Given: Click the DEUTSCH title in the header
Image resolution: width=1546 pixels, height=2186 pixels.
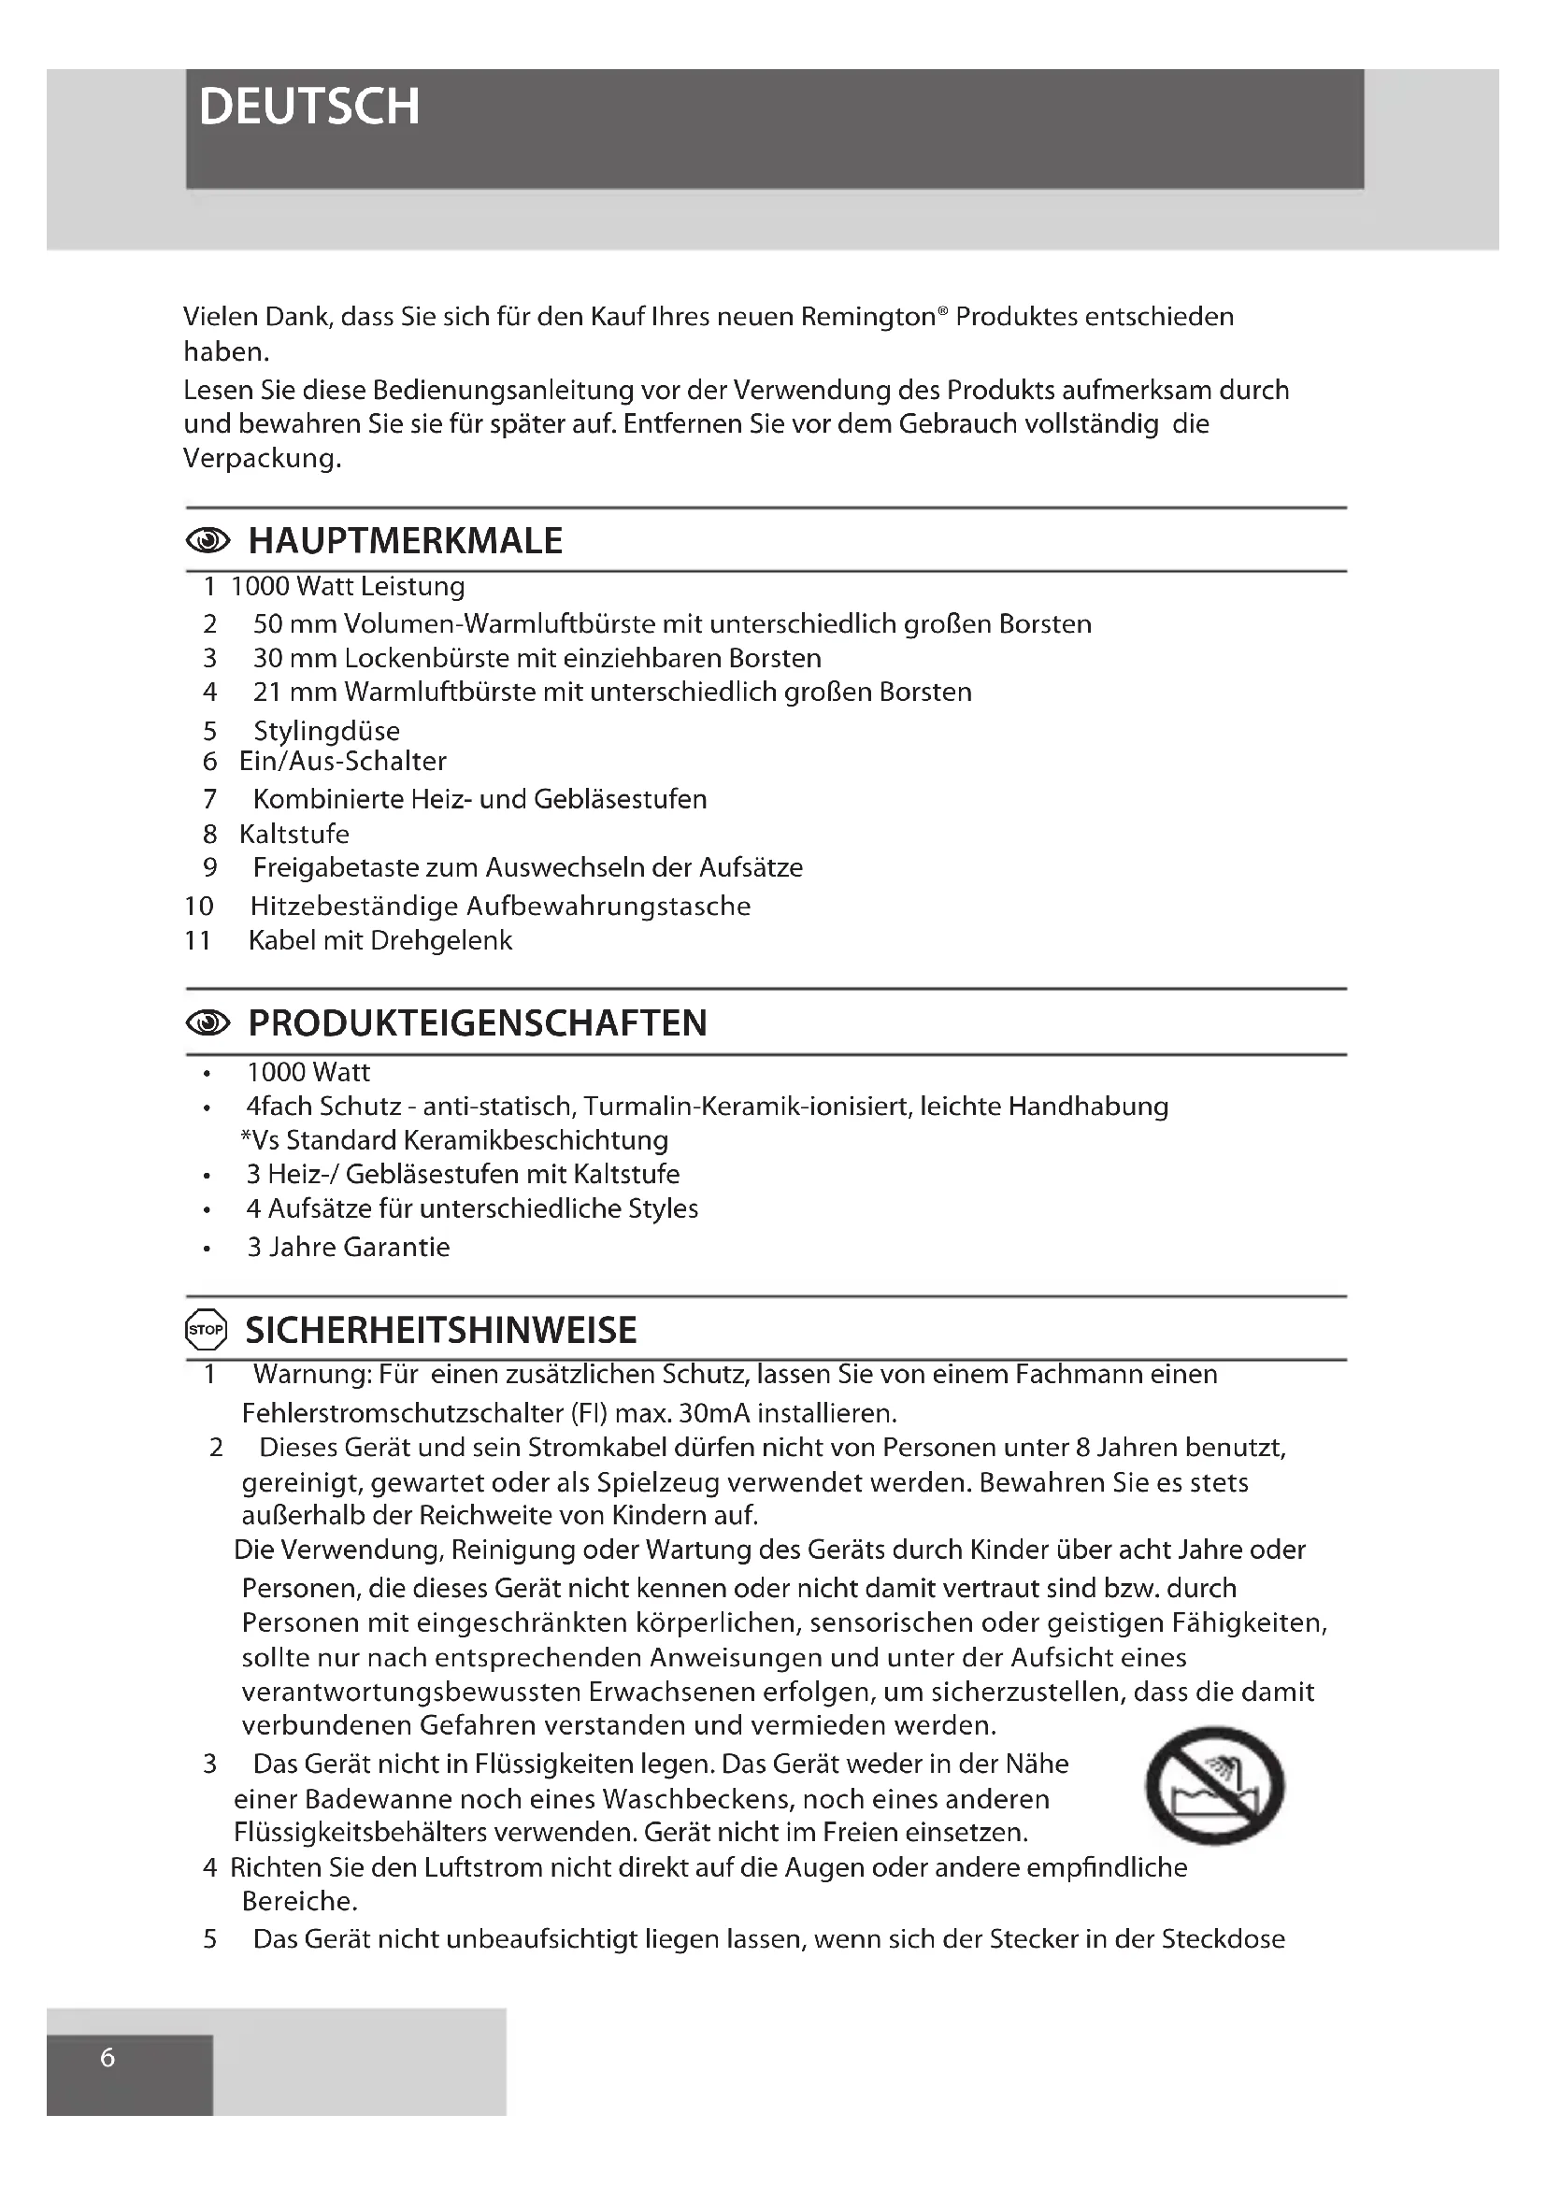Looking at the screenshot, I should point(309,107).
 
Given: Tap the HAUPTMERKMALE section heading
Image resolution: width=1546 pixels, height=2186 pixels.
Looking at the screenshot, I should point(405,541).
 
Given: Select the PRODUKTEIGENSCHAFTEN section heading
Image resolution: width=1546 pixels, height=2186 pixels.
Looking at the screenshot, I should point(477,1022).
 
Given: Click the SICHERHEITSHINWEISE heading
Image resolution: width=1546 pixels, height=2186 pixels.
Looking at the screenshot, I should point(441,1330).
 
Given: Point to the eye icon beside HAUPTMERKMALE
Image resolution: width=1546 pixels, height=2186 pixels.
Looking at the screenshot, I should point(208,541).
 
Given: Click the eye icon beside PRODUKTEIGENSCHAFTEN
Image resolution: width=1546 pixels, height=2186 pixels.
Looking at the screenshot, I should point(208,1022).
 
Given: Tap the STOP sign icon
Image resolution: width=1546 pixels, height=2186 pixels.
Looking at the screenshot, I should point(207,1330).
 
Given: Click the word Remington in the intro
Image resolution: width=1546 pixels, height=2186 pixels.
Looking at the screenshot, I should point(867,317).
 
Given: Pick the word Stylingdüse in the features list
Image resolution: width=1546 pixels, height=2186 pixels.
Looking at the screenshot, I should point(326,731).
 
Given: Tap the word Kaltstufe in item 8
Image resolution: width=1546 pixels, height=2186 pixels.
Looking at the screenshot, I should point(294,834).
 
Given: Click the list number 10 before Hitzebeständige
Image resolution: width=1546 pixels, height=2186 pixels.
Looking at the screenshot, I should point(198,907).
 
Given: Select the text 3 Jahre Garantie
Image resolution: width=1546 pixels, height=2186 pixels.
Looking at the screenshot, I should point(348,1248).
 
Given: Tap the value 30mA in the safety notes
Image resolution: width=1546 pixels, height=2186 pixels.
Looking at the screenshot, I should point(712,1412).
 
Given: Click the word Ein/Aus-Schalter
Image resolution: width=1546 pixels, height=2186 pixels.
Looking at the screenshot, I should point(343,762).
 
